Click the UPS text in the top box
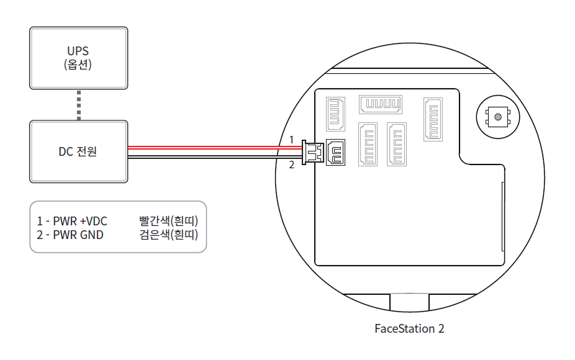78,50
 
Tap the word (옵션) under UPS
78,64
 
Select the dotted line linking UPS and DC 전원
79,105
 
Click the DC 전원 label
78,151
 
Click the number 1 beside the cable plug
291,140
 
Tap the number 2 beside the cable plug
291,165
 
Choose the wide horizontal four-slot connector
381,104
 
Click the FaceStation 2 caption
409,328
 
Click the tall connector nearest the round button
433,119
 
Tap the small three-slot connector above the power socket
336,114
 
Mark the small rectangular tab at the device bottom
409,302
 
